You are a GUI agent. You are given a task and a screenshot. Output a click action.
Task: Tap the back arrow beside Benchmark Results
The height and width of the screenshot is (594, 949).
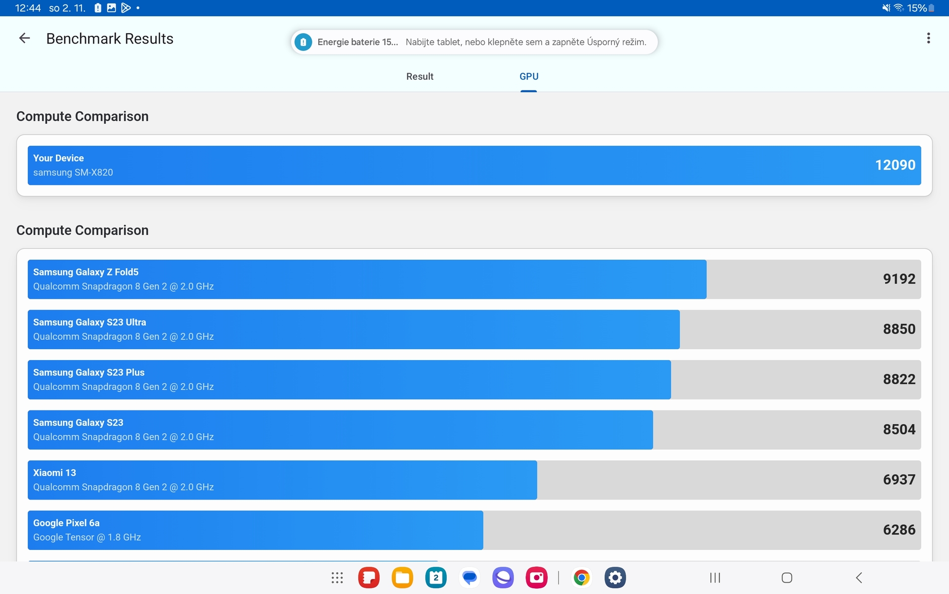[24, 38]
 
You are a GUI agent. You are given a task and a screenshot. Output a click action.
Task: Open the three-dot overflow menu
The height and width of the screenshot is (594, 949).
[928, 38]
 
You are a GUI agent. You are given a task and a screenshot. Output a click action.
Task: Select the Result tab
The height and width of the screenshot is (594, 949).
[420, 76]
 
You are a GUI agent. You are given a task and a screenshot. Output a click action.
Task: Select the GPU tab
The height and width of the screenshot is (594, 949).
[528, 76]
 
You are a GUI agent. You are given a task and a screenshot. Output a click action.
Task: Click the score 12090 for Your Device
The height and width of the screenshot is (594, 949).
[895, 165]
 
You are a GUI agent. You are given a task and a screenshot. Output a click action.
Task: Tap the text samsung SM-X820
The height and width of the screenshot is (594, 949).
[73, 172]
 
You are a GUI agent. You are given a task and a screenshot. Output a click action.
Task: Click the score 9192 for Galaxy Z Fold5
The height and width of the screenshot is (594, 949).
[899, 279]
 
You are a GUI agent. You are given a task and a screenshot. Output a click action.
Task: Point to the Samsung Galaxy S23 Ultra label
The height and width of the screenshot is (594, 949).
[89, 322]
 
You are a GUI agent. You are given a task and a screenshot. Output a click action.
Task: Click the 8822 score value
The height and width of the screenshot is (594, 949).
[899, 379]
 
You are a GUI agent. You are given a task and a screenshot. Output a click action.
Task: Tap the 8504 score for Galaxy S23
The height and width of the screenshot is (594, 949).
[899, 429]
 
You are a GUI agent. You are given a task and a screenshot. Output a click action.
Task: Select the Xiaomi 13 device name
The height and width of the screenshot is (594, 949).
[54, 472]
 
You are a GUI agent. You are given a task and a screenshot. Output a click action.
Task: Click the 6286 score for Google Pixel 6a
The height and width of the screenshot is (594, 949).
[899, 530]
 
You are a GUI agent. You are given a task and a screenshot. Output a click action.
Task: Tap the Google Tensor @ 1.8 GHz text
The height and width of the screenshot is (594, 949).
[87, 537]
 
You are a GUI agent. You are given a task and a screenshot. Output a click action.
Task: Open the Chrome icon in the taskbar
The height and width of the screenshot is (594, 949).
[581, 577]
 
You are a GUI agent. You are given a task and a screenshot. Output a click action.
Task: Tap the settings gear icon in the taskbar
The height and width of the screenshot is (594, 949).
[615, 577]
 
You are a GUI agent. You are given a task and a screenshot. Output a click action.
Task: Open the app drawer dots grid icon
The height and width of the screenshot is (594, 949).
[337, 577]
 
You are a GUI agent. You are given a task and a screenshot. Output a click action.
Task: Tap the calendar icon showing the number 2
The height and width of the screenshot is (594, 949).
[435, 577]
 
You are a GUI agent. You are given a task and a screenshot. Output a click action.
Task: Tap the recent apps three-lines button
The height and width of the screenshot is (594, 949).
[715, 577]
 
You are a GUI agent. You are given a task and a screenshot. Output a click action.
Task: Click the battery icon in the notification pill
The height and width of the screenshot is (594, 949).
[303, 42]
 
